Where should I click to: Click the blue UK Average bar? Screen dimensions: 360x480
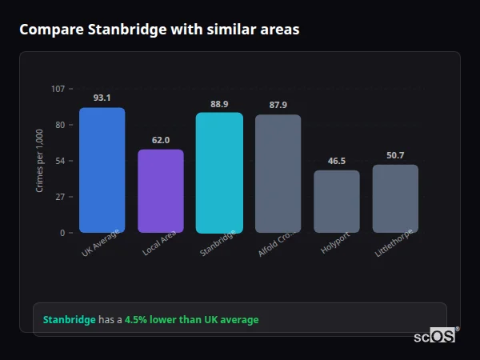(102, 170)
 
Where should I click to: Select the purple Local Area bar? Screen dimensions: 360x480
(161, 191)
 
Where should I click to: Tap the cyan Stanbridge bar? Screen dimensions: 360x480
(219, 173)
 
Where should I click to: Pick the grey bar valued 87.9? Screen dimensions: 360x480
(278, 174)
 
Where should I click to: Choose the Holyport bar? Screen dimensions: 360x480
(337, 202)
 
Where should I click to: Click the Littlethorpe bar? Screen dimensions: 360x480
(395, 198)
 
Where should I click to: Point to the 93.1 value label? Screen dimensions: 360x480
(102, 98)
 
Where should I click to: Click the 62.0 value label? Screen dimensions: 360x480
(161, 140)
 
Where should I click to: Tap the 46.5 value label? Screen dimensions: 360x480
(337, 161)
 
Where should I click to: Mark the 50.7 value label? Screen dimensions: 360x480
(395, 155)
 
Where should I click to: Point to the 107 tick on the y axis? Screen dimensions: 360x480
(58, 89)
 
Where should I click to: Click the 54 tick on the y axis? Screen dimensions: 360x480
(61, 161)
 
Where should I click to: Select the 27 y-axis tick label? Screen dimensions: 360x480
(61, 197)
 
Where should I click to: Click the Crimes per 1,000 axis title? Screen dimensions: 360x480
(40, 161)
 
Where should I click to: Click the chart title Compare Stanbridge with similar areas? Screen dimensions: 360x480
(159, 30)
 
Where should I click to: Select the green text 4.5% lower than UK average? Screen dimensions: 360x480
(191, 320)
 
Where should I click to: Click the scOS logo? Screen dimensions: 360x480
(435, 336)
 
